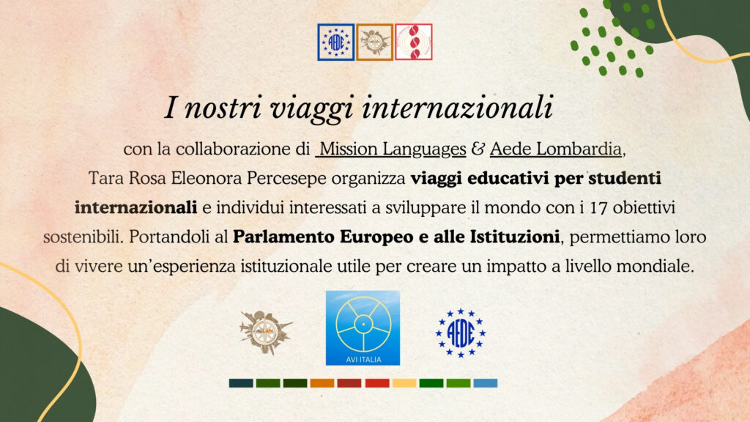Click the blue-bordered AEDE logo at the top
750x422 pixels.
(335, 42)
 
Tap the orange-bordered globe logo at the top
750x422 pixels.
(374, 42)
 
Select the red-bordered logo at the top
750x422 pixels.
(414, 42)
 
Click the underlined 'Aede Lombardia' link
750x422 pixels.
(556, 149)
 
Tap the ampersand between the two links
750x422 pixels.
(478, 149)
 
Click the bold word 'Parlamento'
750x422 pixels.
(284, 237)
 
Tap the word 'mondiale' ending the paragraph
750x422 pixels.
(655, 266)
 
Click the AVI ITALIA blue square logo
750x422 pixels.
(363, 327)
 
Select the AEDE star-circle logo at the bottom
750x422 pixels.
(460, 333)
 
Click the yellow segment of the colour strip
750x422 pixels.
(404, 383)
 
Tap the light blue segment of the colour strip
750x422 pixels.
(486, 383)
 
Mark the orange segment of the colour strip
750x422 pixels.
(322, 383)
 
